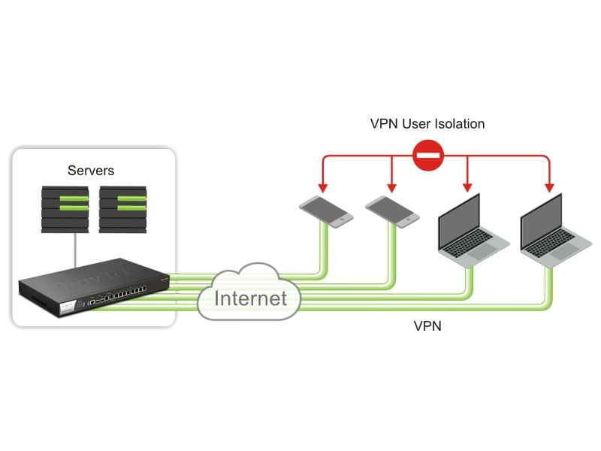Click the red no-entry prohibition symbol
428,156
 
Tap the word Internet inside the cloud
250,298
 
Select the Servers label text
91,171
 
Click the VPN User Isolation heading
427,123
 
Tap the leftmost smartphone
325,213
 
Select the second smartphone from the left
393,213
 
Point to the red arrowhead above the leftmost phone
322,186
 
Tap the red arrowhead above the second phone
391,186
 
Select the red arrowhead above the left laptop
468,186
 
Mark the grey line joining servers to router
74,249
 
